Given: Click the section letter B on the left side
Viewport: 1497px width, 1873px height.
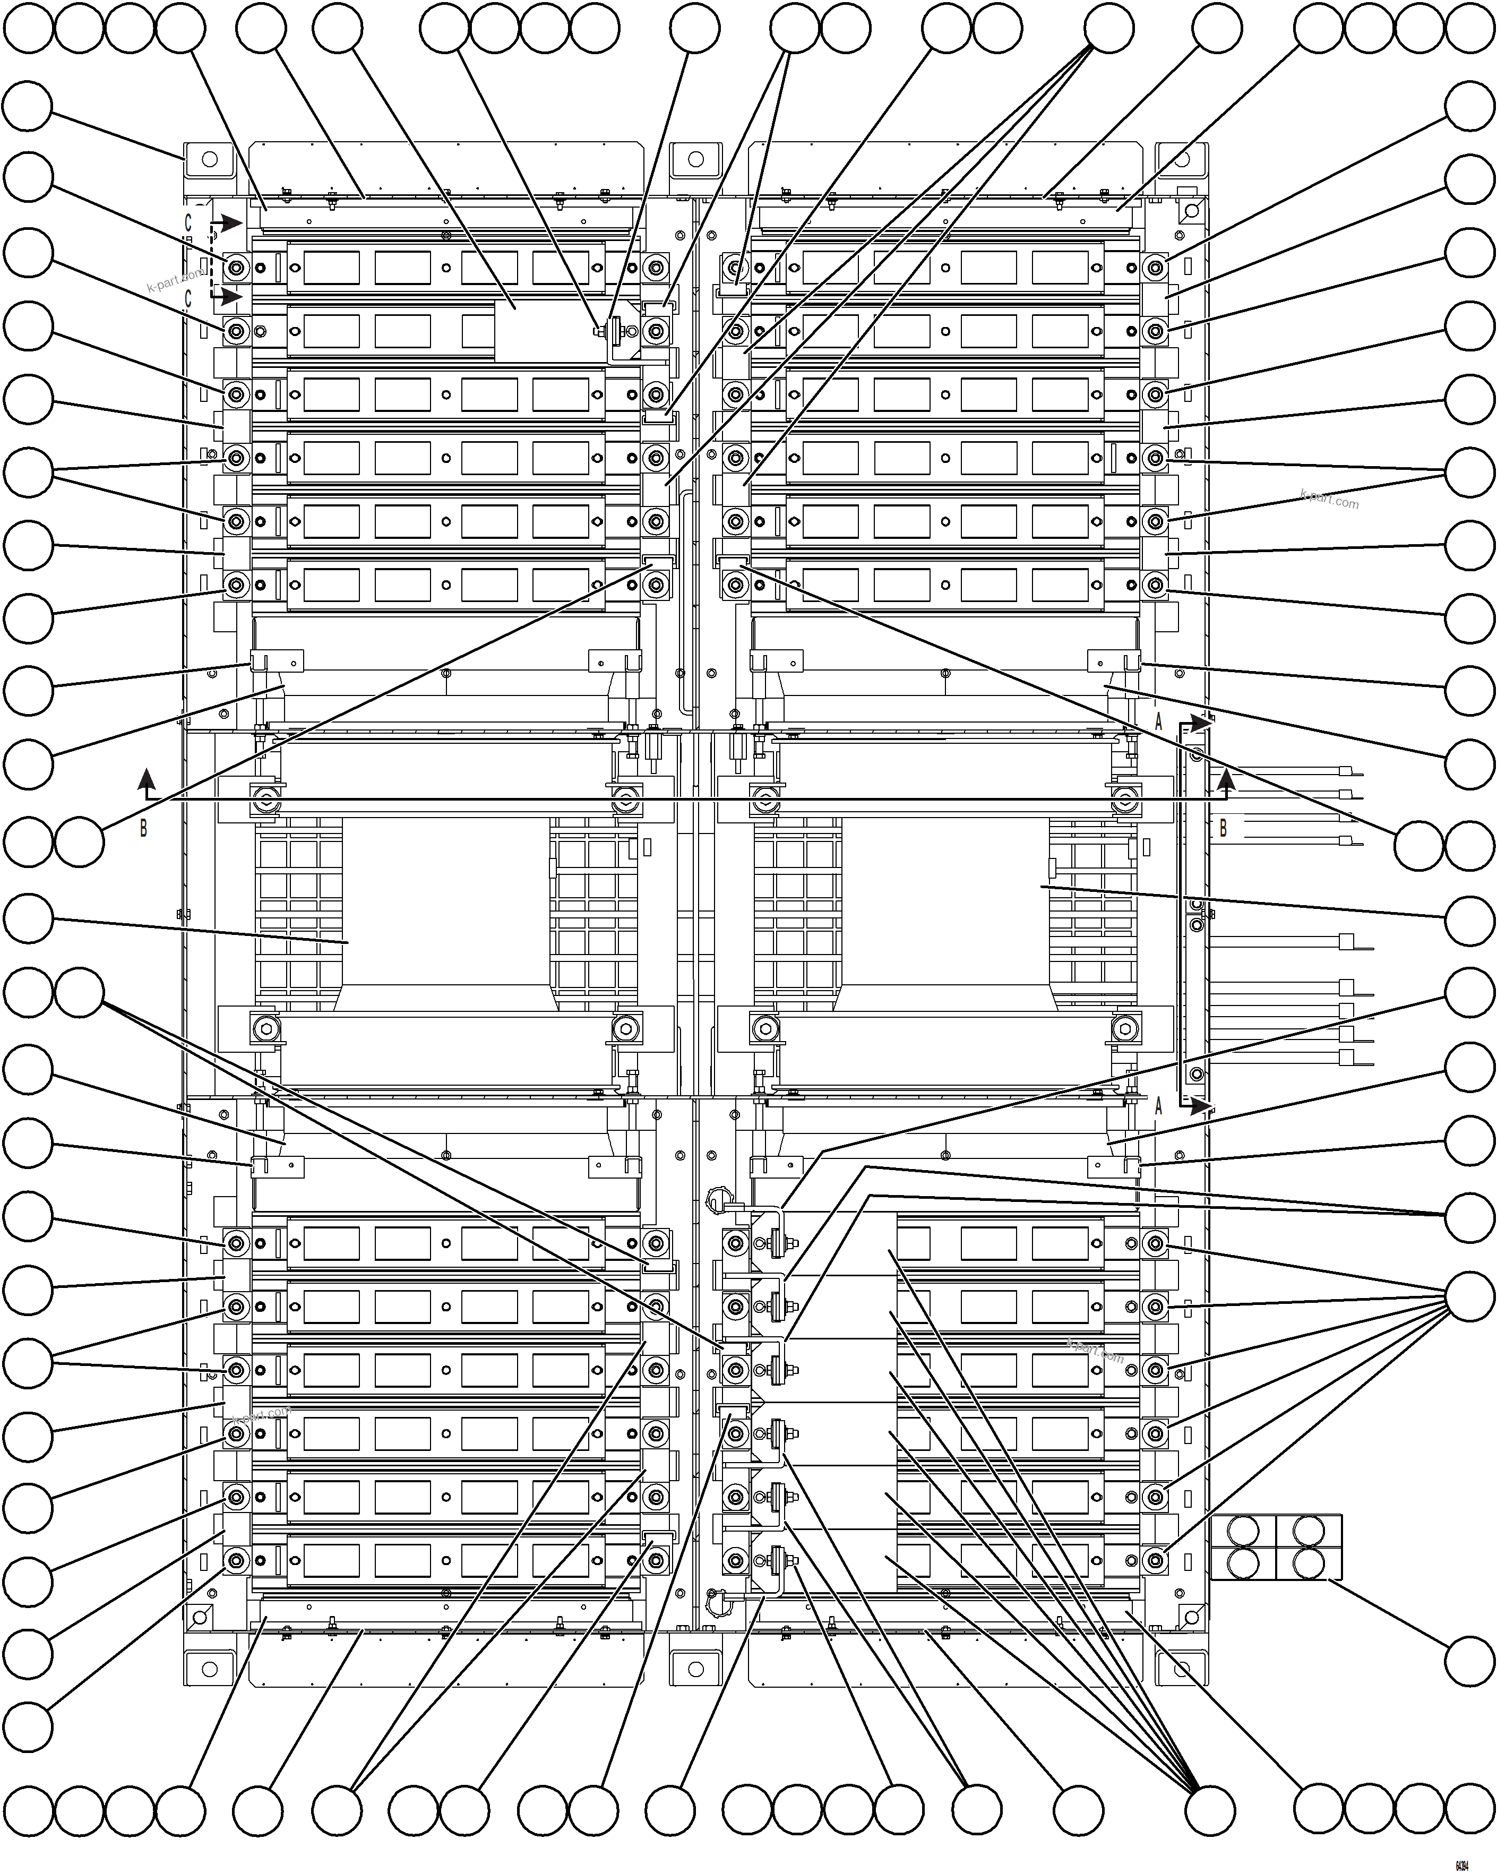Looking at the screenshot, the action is [143, 828].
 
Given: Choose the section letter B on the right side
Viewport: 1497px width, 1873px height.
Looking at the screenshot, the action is [1223, 827].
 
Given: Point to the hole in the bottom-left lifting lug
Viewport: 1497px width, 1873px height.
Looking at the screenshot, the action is [209, 1669].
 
